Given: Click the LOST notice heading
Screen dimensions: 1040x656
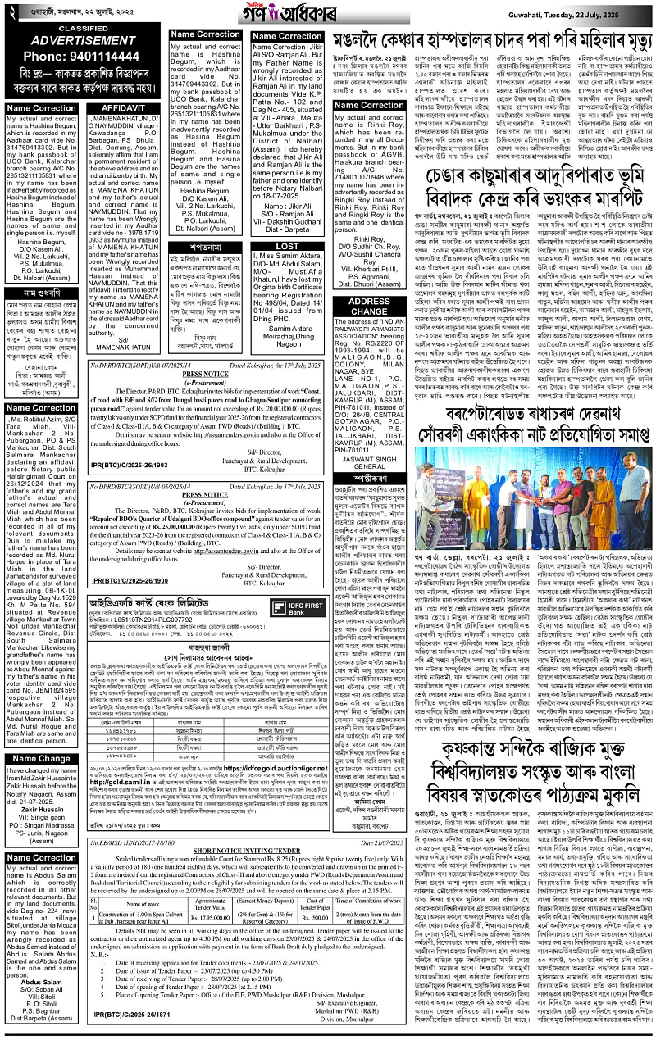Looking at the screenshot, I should pyautogui.click(x=287, y=245).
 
